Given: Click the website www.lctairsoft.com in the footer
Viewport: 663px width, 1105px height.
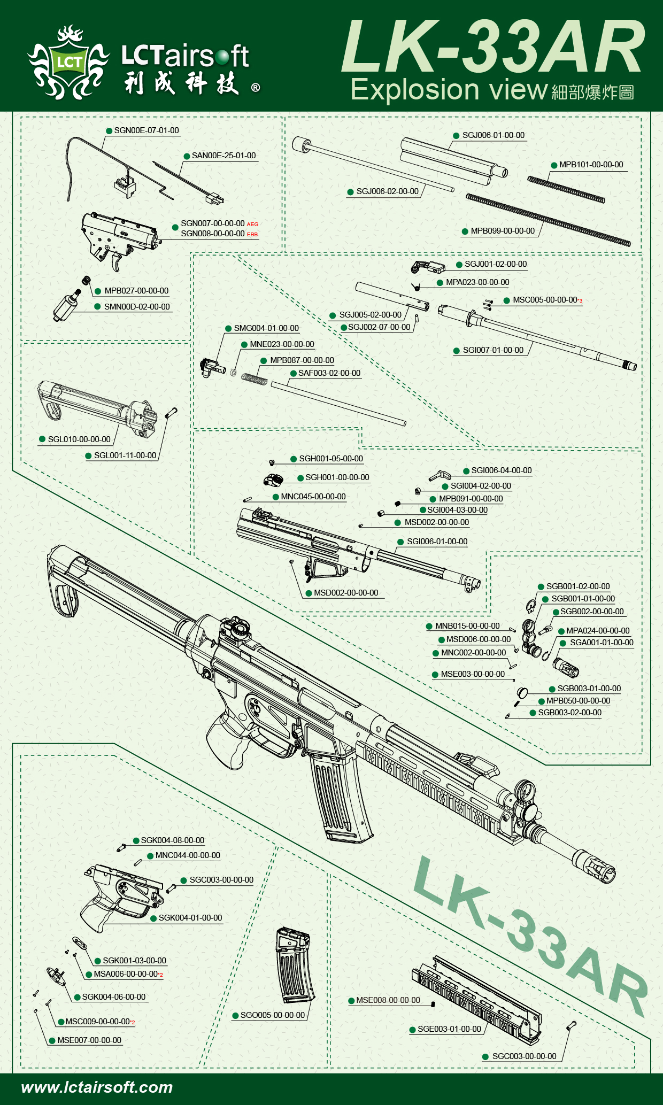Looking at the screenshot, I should pyautogui.click(x=97, y=1087).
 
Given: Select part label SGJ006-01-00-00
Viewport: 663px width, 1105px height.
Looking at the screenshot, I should pyautogui.click(x=493, y=135).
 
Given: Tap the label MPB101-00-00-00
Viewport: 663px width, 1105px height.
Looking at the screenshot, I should pyautogui.click(x=591, y=165).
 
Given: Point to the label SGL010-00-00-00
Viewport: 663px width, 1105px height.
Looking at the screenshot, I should pyautogui.click(x=79, y=439).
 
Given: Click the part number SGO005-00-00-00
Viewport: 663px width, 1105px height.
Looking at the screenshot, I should pyautogui.click(x=272, y=1015).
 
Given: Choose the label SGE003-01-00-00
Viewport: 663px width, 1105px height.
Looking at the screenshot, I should pyautogui.click(x=449, y=1029).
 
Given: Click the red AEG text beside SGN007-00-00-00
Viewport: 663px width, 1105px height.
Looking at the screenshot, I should pyautogui.click(x=252, y=225).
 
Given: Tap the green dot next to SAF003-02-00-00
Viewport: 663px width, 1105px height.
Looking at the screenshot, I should pyautogui.click(x=294, y=373).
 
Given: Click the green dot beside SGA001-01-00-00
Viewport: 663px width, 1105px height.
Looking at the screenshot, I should pyautogui.click(x=563, y=643).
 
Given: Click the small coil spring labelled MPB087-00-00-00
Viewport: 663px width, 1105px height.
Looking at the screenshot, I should pyautogui.click(x=254, y=378).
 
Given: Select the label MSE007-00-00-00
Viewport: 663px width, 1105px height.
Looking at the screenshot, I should pyautogui.click(x=89, y=1040).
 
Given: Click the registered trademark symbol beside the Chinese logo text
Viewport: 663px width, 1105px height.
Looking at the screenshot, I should pyautogui.click(x=256, y=88).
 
